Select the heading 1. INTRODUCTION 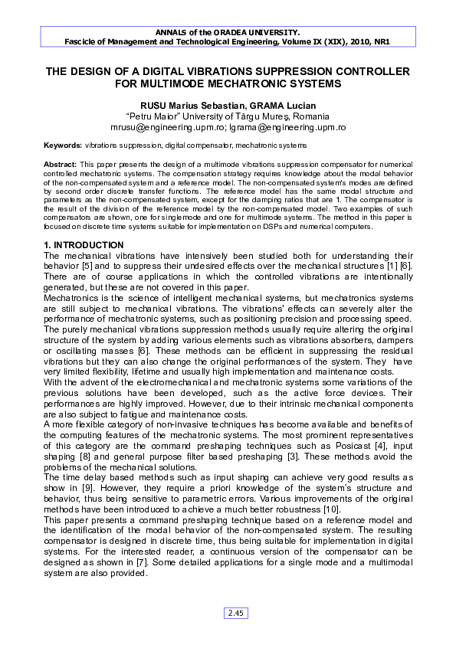[x=84, y=244]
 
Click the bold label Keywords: [x=63, y=144]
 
